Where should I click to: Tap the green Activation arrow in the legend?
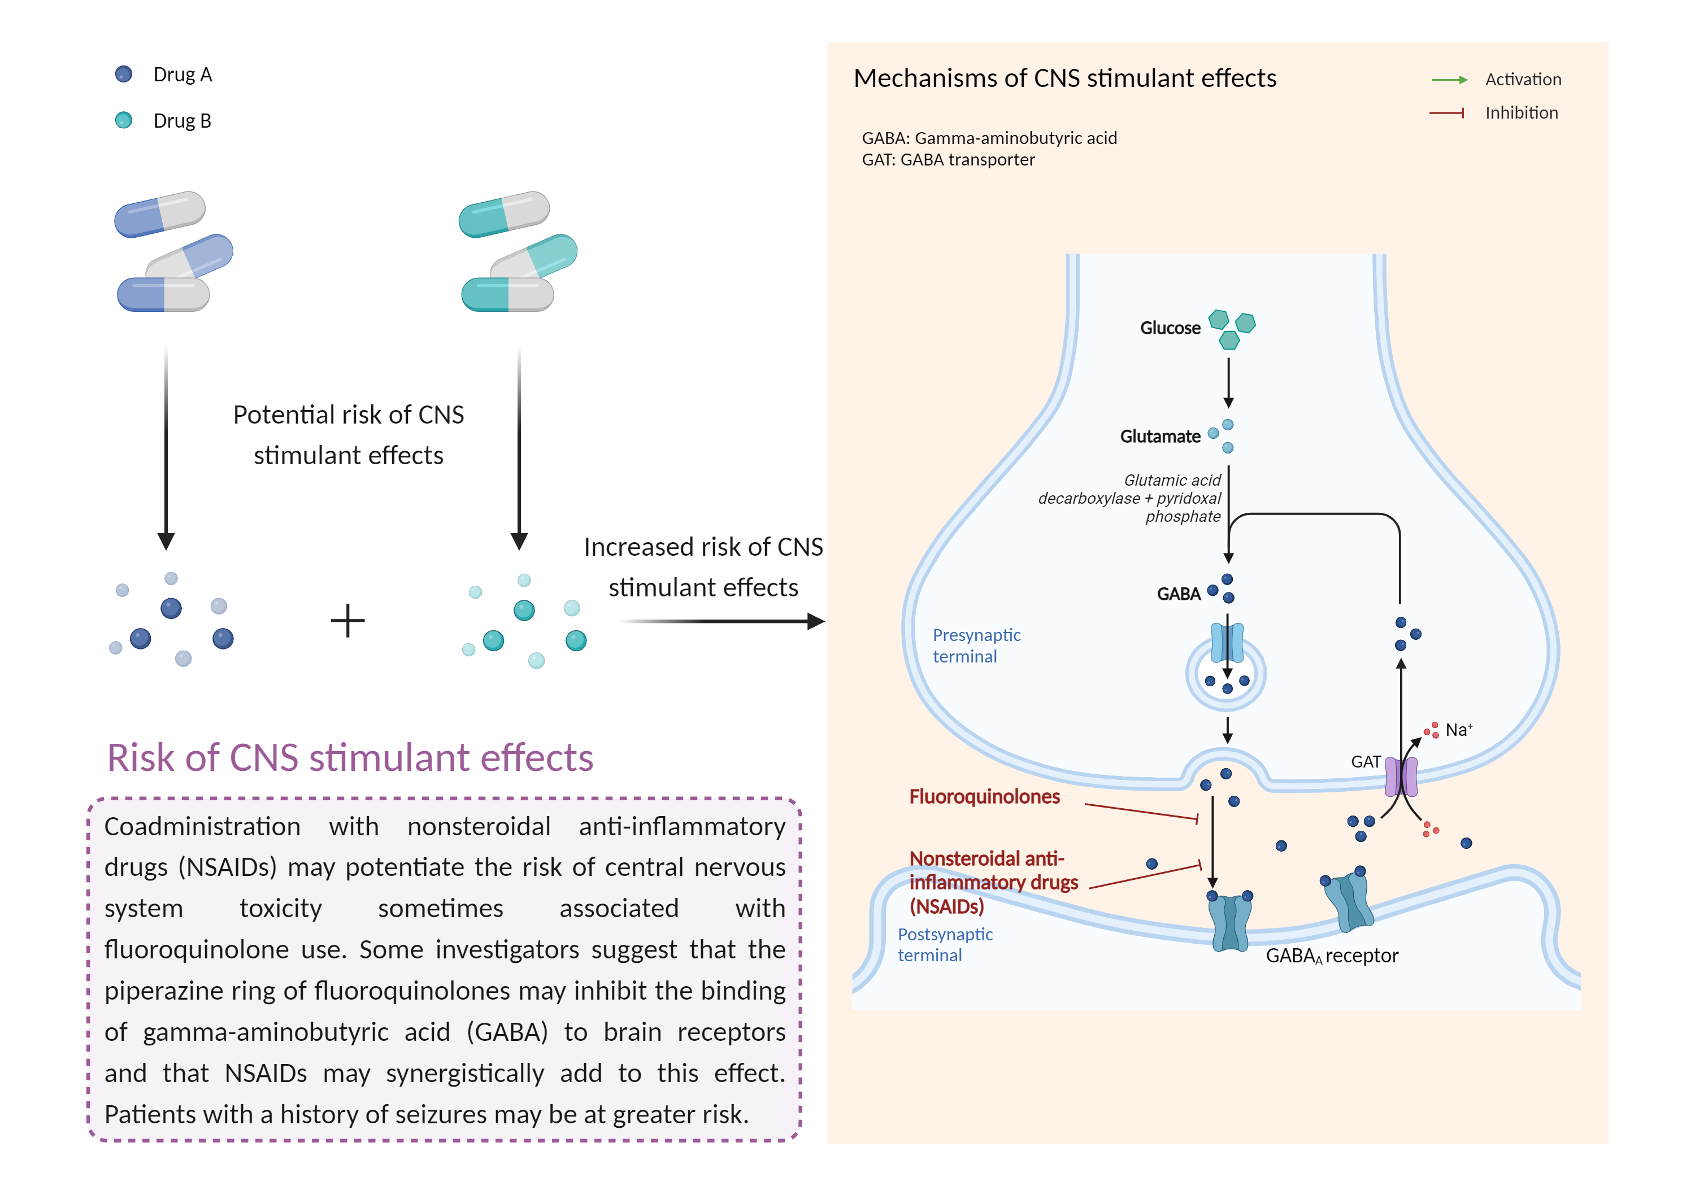(1449, 80)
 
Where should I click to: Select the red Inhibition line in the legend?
(1446, 113)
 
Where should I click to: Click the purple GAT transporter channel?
(1401, 777)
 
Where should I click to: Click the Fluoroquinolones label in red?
(984, 797)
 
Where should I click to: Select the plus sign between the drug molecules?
(347, 621)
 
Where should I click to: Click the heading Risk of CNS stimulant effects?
(350, 758)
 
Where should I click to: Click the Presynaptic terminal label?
(976, 646)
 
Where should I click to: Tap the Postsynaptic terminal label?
(945, 945)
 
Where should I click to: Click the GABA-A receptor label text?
(1331, 956)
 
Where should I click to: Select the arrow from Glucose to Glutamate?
(1228, 382)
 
